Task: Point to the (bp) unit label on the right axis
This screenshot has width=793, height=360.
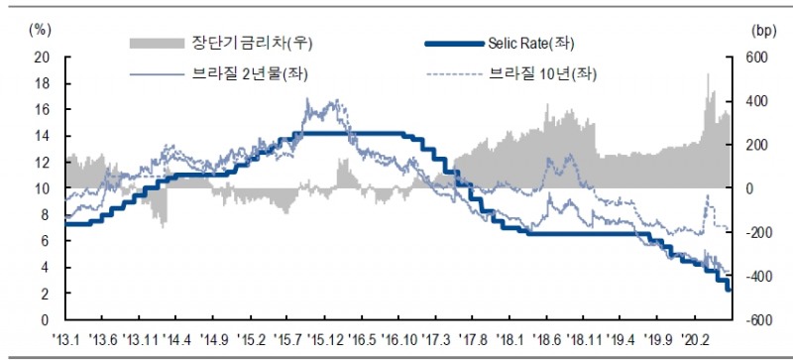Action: (749, 30)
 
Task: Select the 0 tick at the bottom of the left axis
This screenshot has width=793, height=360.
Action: (46, 320)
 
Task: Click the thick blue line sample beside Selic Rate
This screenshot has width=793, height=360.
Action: (451, 43)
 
